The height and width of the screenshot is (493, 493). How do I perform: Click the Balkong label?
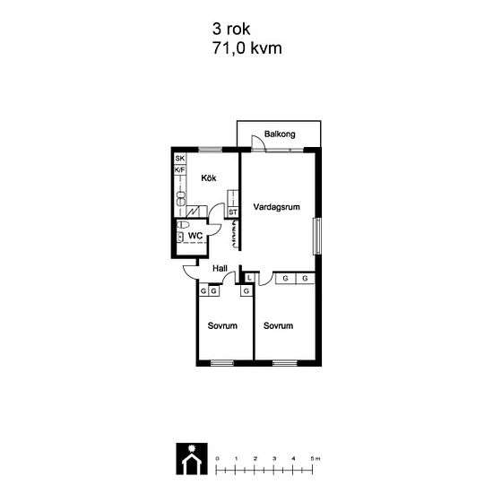(x=280, y=134)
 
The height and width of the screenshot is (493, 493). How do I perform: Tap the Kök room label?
(x=209, y=178)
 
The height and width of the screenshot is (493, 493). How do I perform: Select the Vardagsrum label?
(x=276, y=207)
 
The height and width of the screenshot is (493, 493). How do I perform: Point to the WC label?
(x=195, y=236)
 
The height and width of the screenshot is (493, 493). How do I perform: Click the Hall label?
(x=220, y=269)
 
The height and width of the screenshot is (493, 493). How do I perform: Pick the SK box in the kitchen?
(x=180, y=158)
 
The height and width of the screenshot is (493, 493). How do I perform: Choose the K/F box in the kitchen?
(x=180, y=170)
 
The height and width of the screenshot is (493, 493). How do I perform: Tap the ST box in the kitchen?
(x=233, y=212)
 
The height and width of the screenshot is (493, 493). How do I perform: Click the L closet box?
(x=249, y=278)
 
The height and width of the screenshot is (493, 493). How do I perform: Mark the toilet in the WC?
(x=183, y=225)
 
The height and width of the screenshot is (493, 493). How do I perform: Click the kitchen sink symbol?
(x=181, y=199)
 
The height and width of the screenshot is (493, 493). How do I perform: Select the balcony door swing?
(x=259, y=143)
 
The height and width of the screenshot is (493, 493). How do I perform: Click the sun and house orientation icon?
(x=192, y=459)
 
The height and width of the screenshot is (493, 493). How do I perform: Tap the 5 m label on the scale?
(x=315, y=459)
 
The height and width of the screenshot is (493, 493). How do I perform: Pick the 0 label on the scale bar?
(x=217, y=459)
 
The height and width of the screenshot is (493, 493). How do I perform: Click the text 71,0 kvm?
(x=247, y=48)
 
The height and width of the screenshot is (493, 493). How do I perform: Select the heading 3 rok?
(x=231, y=29)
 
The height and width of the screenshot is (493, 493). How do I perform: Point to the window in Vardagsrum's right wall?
(x=317, y=236)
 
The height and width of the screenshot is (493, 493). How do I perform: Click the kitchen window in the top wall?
(x=211, y=150)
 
